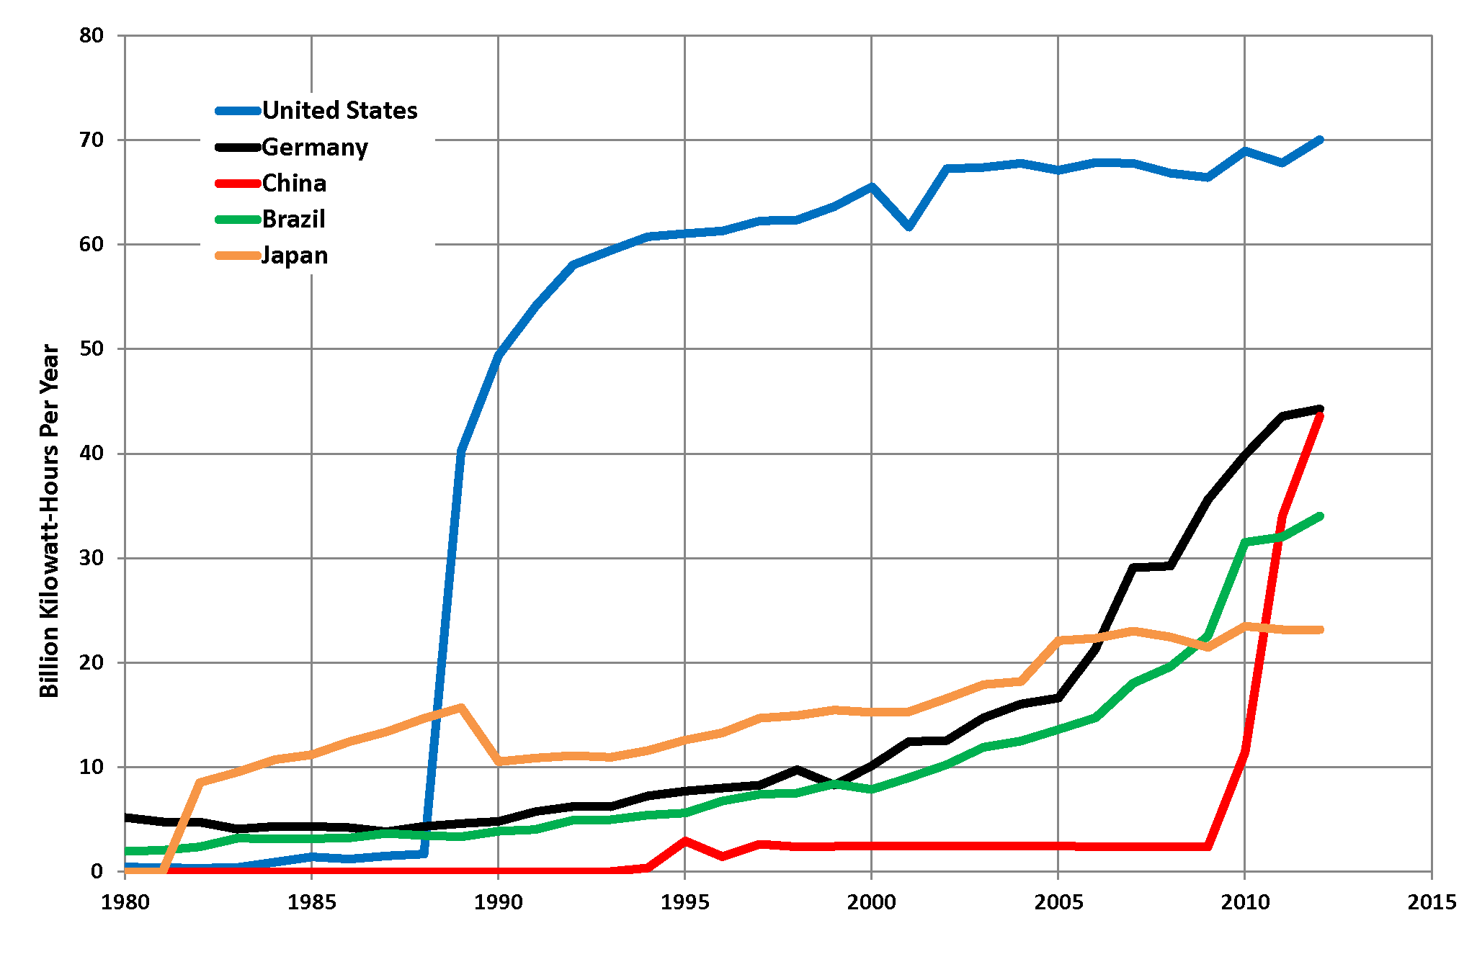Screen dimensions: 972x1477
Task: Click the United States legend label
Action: pyautogui.click(x=339, y=110)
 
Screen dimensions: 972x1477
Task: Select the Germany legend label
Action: pyautogui.click(x=315, y=147)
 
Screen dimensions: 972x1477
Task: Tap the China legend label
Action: pyautogui.click(x=294, y=184)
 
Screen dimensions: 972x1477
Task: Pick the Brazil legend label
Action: pyautogui.click(x=293, y=219)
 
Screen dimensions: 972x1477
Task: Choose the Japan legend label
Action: pyautogui.click(x=295, y=256)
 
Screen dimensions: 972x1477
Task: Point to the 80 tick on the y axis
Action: pyautogui.click(x=92, y=35)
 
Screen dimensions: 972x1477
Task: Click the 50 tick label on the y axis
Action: pyautogui.click(x=92, y=349)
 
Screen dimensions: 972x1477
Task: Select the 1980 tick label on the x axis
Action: pyautogui.click(x=125, y=902)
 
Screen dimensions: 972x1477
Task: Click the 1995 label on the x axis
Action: pyautogui.click(x=684, y=902)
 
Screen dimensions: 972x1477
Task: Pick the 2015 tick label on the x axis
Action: pyautogui.click(x=1432, y=902)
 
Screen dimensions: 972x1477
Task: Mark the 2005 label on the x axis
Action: pyautogui.click(x=1058, y=902)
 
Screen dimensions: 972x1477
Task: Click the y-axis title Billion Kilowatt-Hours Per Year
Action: pyautogui.click(x=49, y=520)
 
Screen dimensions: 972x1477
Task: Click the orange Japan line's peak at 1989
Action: pyautogui.click(x=460, y=707)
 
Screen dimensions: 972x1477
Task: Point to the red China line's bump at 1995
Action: pyautogui.click(x=684, y=840)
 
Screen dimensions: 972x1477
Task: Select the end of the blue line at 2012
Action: pyautogui.click(x=1319, y=140)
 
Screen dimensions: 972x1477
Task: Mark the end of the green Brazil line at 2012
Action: pyautogui.click(x=1319, y=516)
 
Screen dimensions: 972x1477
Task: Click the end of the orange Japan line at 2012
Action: pyautogui.click(x=1319, y=630)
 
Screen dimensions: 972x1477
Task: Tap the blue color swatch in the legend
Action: pyautogui.click(x=238, y=111)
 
